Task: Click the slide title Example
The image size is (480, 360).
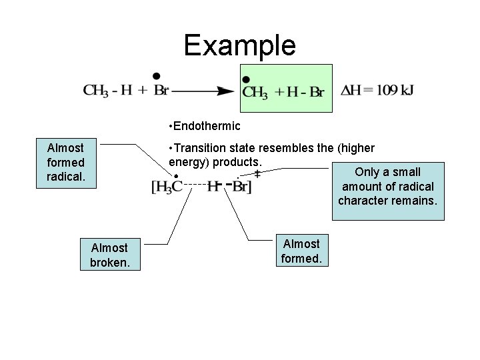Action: [239, 45]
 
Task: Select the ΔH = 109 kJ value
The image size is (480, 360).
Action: [377, 91]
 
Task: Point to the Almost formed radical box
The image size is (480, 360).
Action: [65, 162]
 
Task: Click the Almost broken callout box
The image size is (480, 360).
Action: [110, 255]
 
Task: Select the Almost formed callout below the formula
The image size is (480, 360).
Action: [301, 251]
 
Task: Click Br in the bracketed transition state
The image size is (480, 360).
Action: [241, 187]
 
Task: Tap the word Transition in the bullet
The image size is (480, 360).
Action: [201, 148]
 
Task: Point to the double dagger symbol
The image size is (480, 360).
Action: [257, 174]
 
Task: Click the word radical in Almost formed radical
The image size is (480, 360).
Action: [65, 177]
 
